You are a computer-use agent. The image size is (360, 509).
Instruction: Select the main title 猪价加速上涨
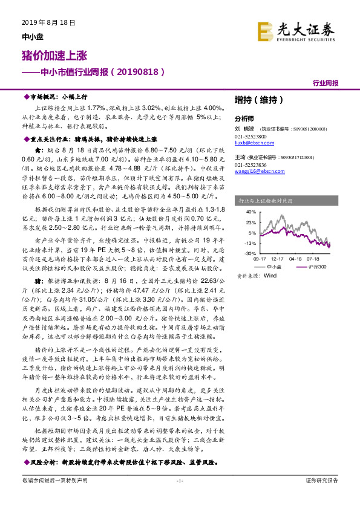(x=50, y=56)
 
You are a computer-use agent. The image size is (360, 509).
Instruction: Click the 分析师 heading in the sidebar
(x=244, y=119)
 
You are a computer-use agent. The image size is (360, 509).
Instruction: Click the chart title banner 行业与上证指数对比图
(x=266, y=199)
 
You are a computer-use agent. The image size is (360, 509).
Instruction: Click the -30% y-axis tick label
(x=249, y=254)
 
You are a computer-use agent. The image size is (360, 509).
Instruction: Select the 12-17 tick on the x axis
(x=278, y=259)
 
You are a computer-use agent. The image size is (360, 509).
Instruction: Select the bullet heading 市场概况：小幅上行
(x=58, y=97)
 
